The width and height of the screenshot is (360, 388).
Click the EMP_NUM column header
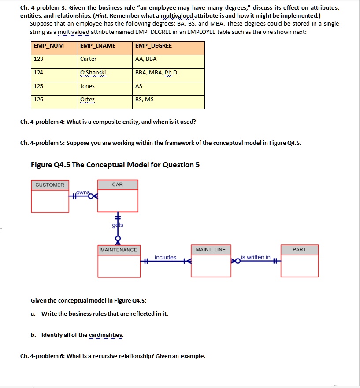click(46, 46)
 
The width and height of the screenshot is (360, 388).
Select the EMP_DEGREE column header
click(154, 46)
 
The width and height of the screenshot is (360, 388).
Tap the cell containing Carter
click(89, 59)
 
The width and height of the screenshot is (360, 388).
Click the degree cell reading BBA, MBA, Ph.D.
click(157, 73)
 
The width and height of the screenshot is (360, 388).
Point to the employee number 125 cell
click(39, 86)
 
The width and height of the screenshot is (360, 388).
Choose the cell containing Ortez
click(87, 100)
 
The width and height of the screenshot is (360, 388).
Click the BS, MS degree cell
click(145, 100)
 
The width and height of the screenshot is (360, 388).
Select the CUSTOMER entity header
click(50, 185)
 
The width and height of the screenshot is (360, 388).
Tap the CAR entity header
click(118, 185)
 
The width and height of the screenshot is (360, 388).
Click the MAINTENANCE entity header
click(119, 250)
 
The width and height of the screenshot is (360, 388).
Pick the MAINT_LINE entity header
click(211, 250)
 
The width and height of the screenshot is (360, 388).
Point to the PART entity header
click(299, 250)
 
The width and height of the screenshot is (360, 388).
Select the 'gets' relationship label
click(118, 225)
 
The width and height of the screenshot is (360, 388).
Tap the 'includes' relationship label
click(165, 257)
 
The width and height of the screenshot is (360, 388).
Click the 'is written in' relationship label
click(256, 257)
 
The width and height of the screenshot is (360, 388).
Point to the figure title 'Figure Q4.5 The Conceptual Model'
click(115, 165)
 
